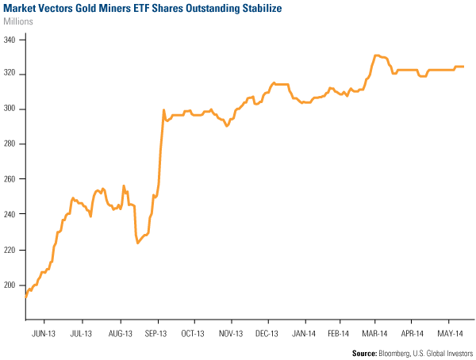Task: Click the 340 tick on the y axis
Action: tap(13, 39)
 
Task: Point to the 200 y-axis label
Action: tap(13, 284)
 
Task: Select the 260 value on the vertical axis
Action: tap(13, 179)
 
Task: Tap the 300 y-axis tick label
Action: tap(13, 109)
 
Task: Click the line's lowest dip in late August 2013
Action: tap(138, 243)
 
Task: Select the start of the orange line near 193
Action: tap(26, 297)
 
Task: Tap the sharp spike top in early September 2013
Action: tap(163, 110)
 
